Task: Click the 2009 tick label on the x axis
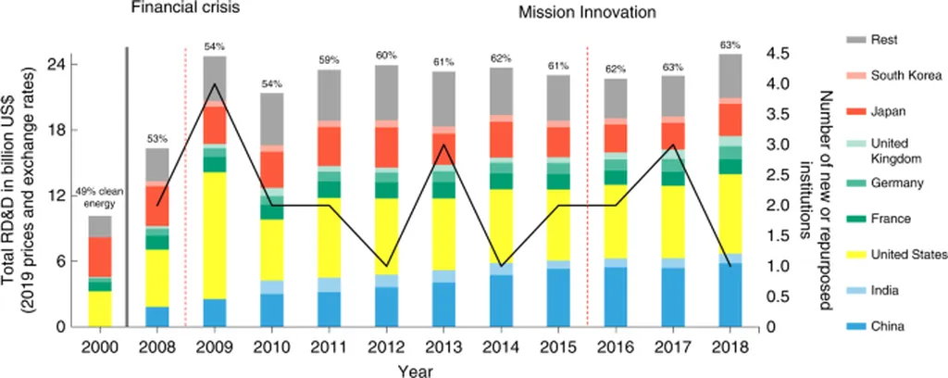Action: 215,347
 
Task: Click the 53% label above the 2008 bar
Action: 157,138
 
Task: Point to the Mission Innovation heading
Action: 587,13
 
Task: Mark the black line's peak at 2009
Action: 215,84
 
